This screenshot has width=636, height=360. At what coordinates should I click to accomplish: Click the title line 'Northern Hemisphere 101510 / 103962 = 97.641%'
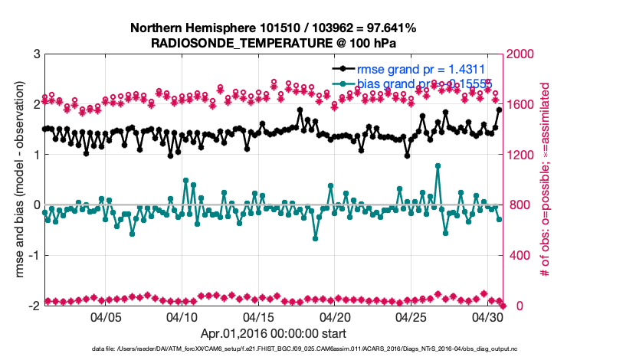pos(274,28)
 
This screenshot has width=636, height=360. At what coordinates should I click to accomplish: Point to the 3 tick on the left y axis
pos(37,54)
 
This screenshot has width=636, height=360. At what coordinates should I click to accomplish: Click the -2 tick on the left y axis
pos(34,306)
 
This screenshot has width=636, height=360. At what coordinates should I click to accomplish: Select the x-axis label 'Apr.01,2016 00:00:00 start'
pos(274,334)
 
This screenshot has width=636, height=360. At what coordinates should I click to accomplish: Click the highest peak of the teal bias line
pos(438,165)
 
